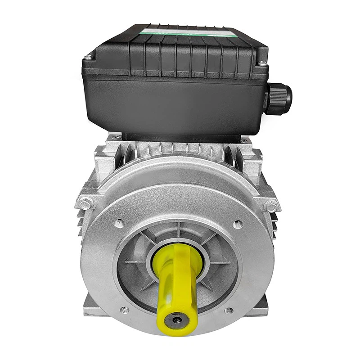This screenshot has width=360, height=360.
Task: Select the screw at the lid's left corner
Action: click(x=89, y=57)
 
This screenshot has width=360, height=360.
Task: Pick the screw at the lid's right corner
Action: click(x=262, y=63)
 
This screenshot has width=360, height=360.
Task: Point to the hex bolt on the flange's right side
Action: click(x=271, y=206)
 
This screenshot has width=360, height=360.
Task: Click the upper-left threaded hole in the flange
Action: click(x=119, y=222)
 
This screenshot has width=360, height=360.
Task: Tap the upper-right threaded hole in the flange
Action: click(x=238, y=224)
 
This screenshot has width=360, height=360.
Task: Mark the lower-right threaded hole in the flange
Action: click(x=229, y=310)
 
